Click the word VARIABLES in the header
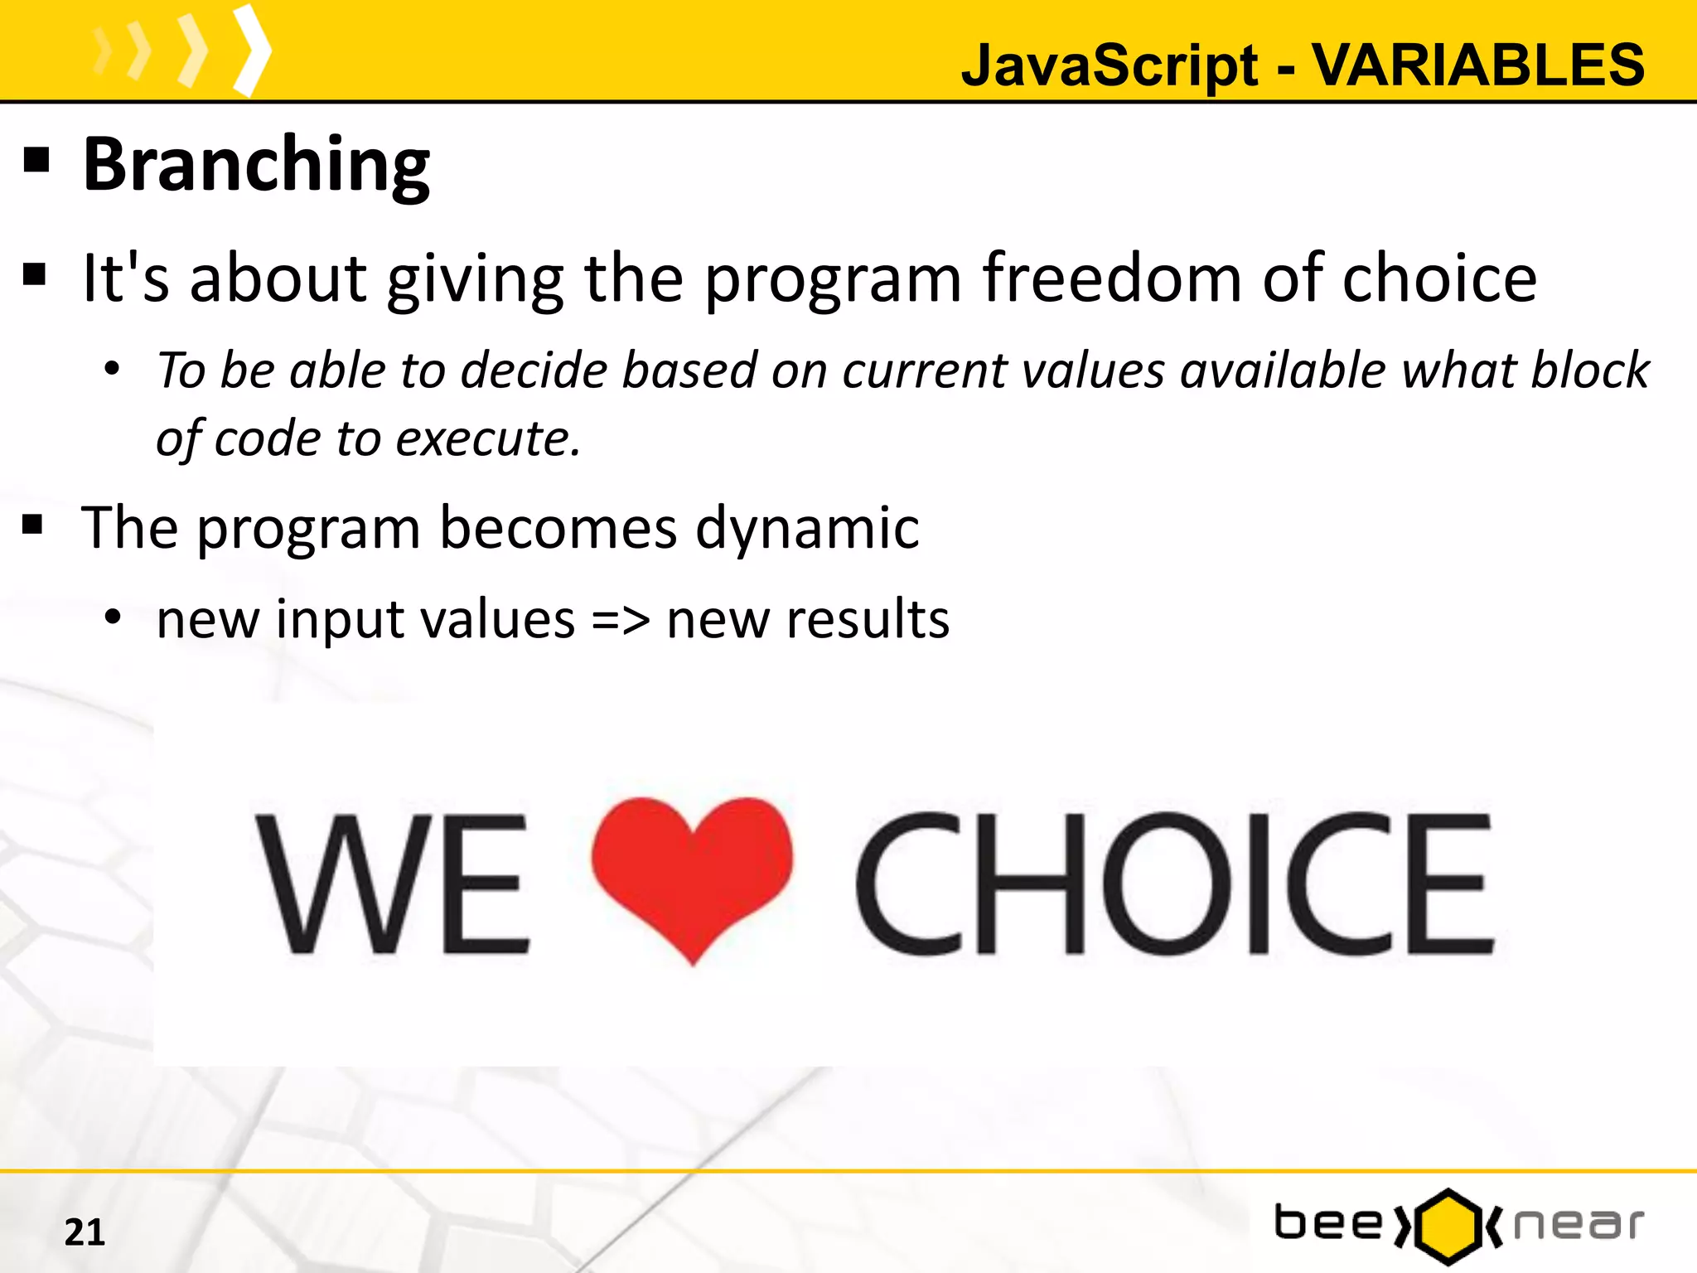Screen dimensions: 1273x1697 tap(1478, 65)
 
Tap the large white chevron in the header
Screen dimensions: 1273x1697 tap(252, 51)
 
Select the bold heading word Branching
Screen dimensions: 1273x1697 tap(256, 165)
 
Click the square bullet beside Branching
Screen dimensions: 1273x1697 tap(36, 159)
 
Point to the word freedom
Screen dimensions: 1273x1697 tap(1112, 278)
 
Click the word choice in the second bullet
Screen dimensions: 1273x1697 tap(1439, 278)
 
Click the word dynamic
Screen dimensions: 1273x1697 tap(807, 528)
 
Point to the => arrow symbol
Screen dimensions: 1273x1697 tap(621, 620)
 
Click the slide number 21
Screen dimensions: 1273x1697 tap(85, 1232)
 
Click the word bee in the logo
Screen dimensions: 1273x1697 tap(1328, 1224)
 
